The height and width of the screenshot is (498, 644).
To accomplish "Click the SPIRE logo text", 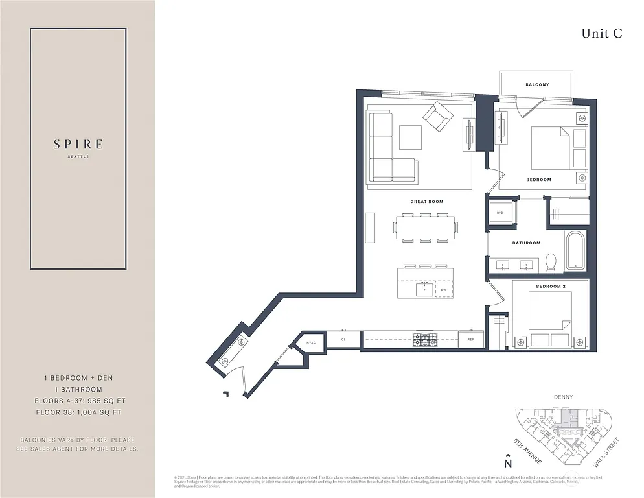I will point(78,145).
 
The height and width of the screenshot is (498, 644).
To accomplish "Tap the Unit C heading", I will point(601,34).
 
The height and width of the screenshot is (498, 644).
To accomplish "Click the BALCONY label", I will point(537,85).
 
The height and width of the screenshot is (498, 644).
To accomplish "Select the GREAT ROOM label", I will point(426,202).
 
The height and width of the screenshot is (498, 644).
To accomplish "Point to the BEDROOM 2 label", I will point(551,286).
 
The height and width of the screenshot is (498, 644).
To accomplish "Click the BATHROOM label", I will point(526,243).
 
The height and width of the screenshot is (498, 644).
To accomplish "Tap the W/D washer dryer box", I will point(500,213).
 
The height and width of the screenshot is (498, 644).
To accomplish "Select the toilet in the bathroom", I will point(551,262).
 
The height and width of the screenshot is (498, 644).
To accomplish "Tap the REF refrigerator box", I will point(470,339).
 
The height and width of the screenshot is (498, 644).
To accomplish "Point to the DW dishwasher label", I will point(443,290).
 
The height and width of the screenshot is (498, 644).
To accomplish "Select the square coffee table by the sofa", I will point(409,137).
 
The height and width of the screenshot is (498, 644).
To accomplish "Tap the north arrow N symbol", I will point(508,462).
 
